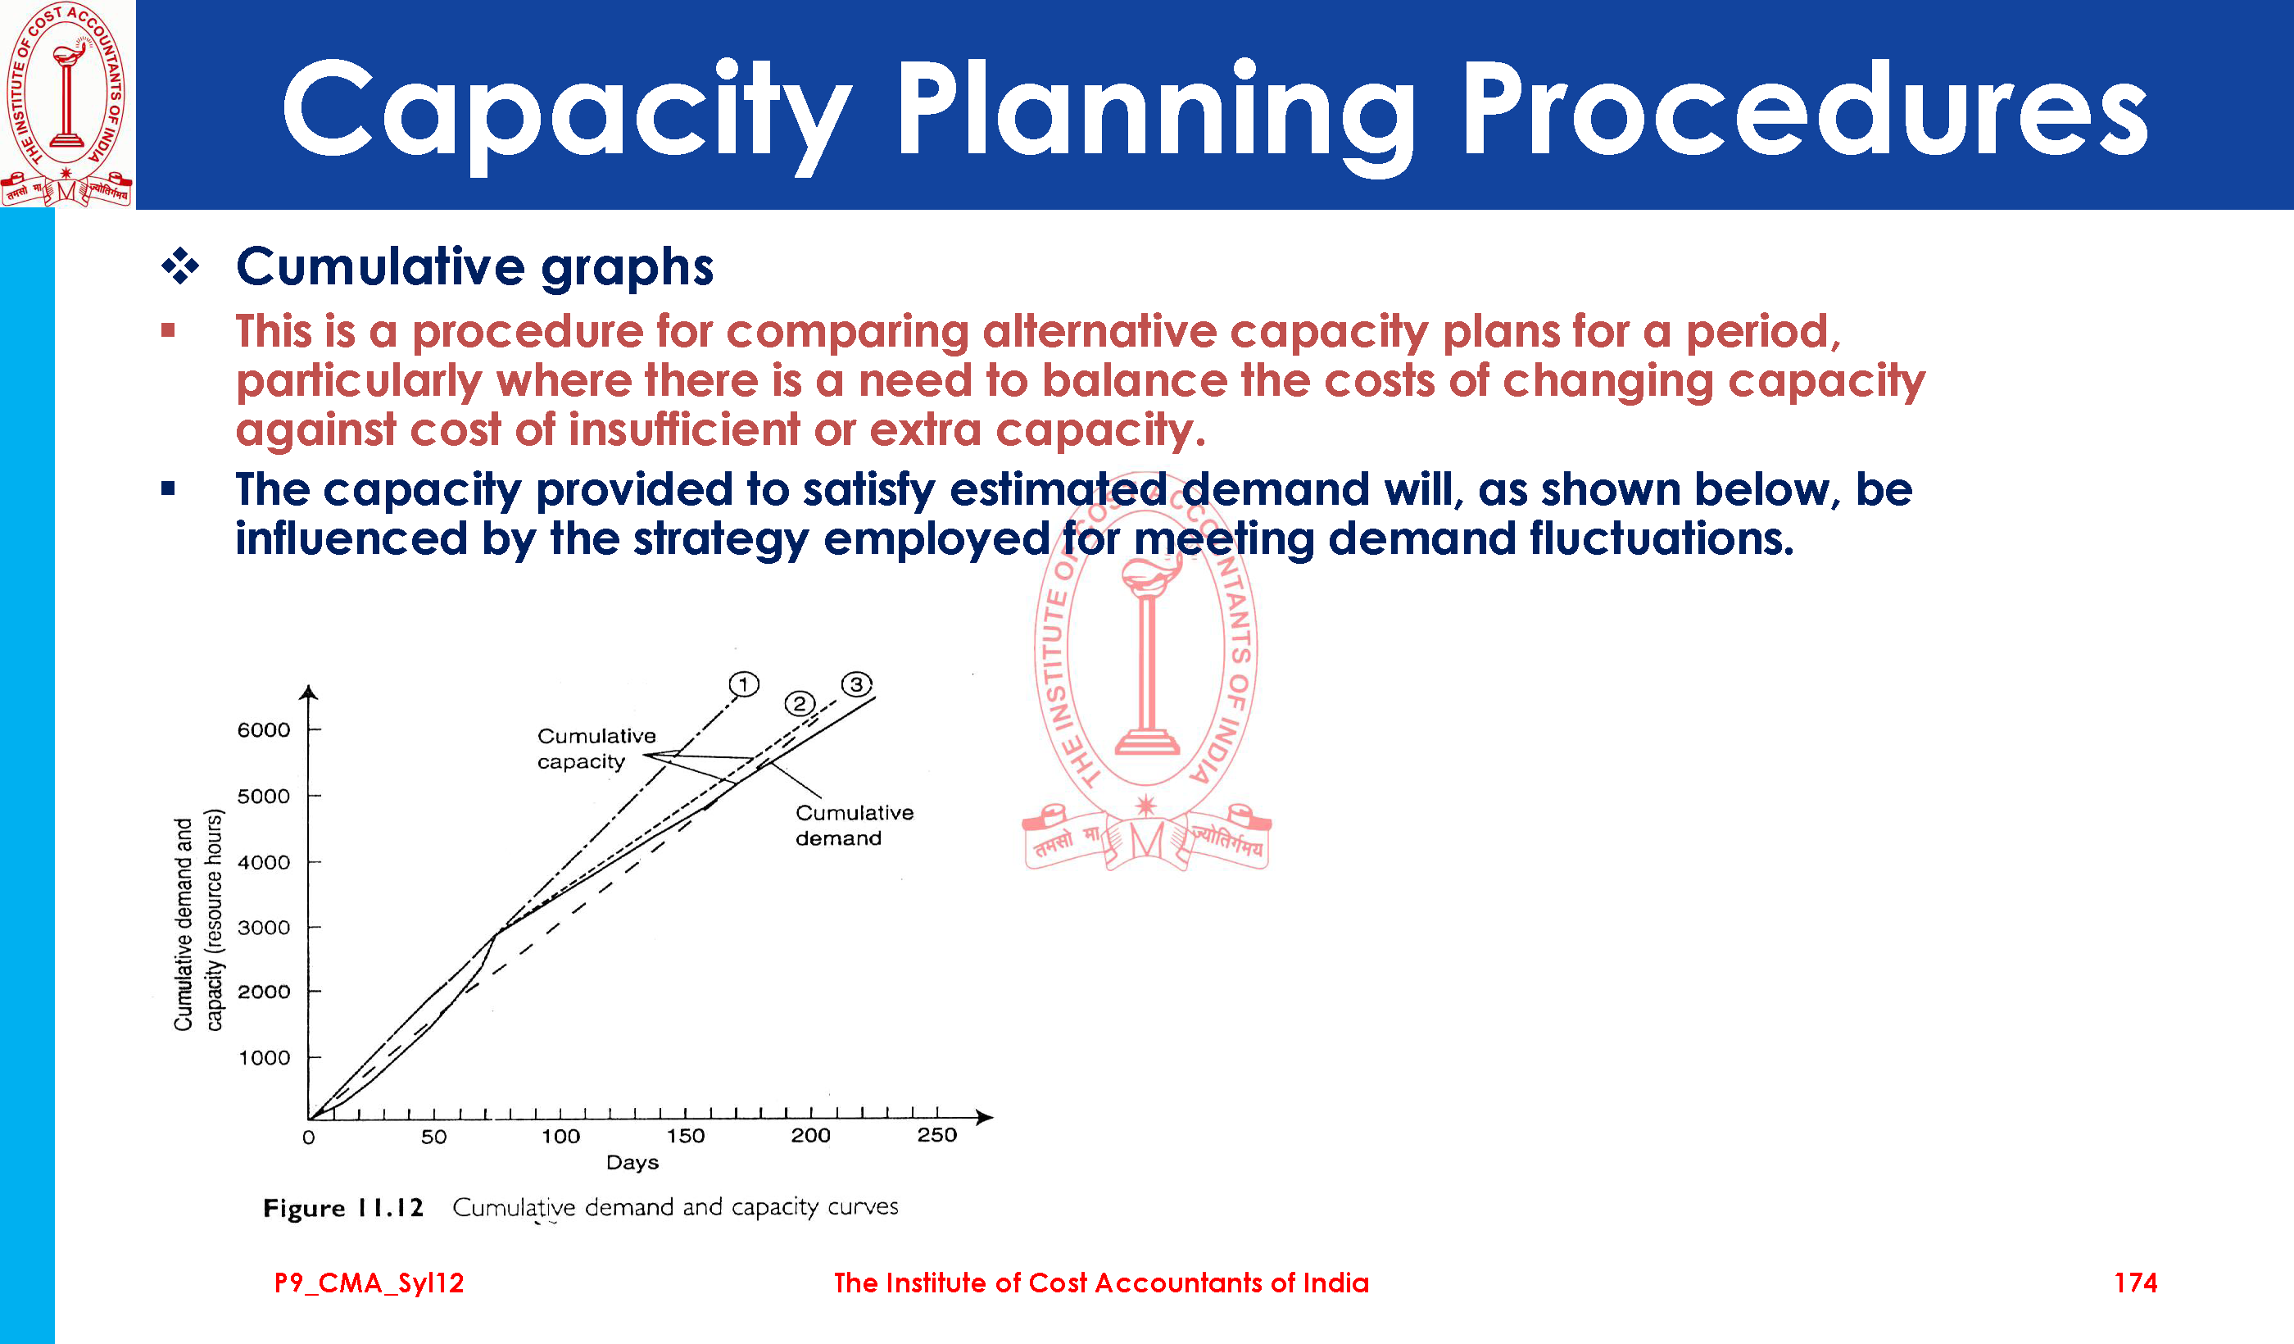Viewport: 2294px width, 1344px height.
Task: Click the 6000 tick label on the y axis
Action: point(264,729)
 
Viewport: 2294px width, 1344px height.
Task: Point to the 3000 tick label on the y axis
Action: point(264,927)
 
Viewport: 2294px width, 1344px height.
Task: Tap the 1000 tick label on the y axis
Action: point(264,1057)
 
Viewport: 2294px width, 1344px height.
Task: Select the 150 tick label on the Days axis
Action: point(686,1136)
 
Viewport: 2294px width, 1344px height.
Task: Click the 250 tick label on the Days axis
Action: point(936,1134)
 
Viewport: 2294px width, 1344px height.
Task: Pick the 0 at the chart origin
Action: point(309,1137)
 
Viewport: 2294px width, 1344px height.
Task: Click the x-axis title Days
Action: point(632,1163)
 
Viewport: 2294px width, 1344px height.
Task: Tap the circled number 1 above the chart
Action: point(744,683)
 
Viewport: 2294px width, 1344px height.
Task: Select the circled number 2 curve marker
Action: point(800,703)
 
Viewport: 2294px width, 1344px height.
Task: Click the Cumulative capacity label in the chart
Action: point(596,748)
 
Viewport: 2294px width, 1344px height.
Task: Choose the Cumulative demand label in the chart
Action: point(854,825)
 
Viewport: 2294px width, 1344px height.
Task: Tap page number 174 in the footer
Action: point(2136,1283)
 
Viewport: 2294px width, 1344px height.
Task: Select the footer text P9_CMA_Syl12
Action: point(369,1283)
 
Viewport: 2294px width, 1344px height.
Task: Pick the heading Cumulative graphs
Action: point(474,268)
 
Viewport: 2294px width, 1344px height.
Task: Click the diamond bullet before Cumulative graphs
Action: point(180,266)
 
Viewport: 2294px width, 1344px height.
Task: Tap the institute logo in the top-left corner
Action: point(66,104)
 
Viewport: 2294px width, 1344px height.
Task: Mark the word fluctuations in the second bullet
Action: point(1662,538)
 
